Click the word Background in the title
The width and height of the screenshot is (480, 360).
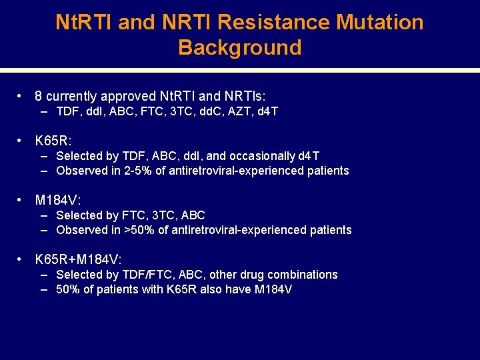(x=240, y=47)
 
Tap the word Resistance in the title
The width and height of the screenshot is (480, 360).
(x=274, y=22)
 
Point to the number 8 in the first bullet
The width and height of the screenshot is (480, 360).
(x=39, y=96)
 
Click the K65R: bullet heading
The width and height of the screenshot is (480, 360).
(x=53, y=141)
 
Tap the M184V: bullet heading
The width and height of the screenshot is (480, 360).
(x=58, y=200)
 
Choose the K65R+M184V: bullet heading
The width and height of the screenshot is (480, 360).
(x=78, y=259)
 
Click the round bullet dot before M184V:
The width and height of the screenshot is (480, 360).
(x=22, y=200)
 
